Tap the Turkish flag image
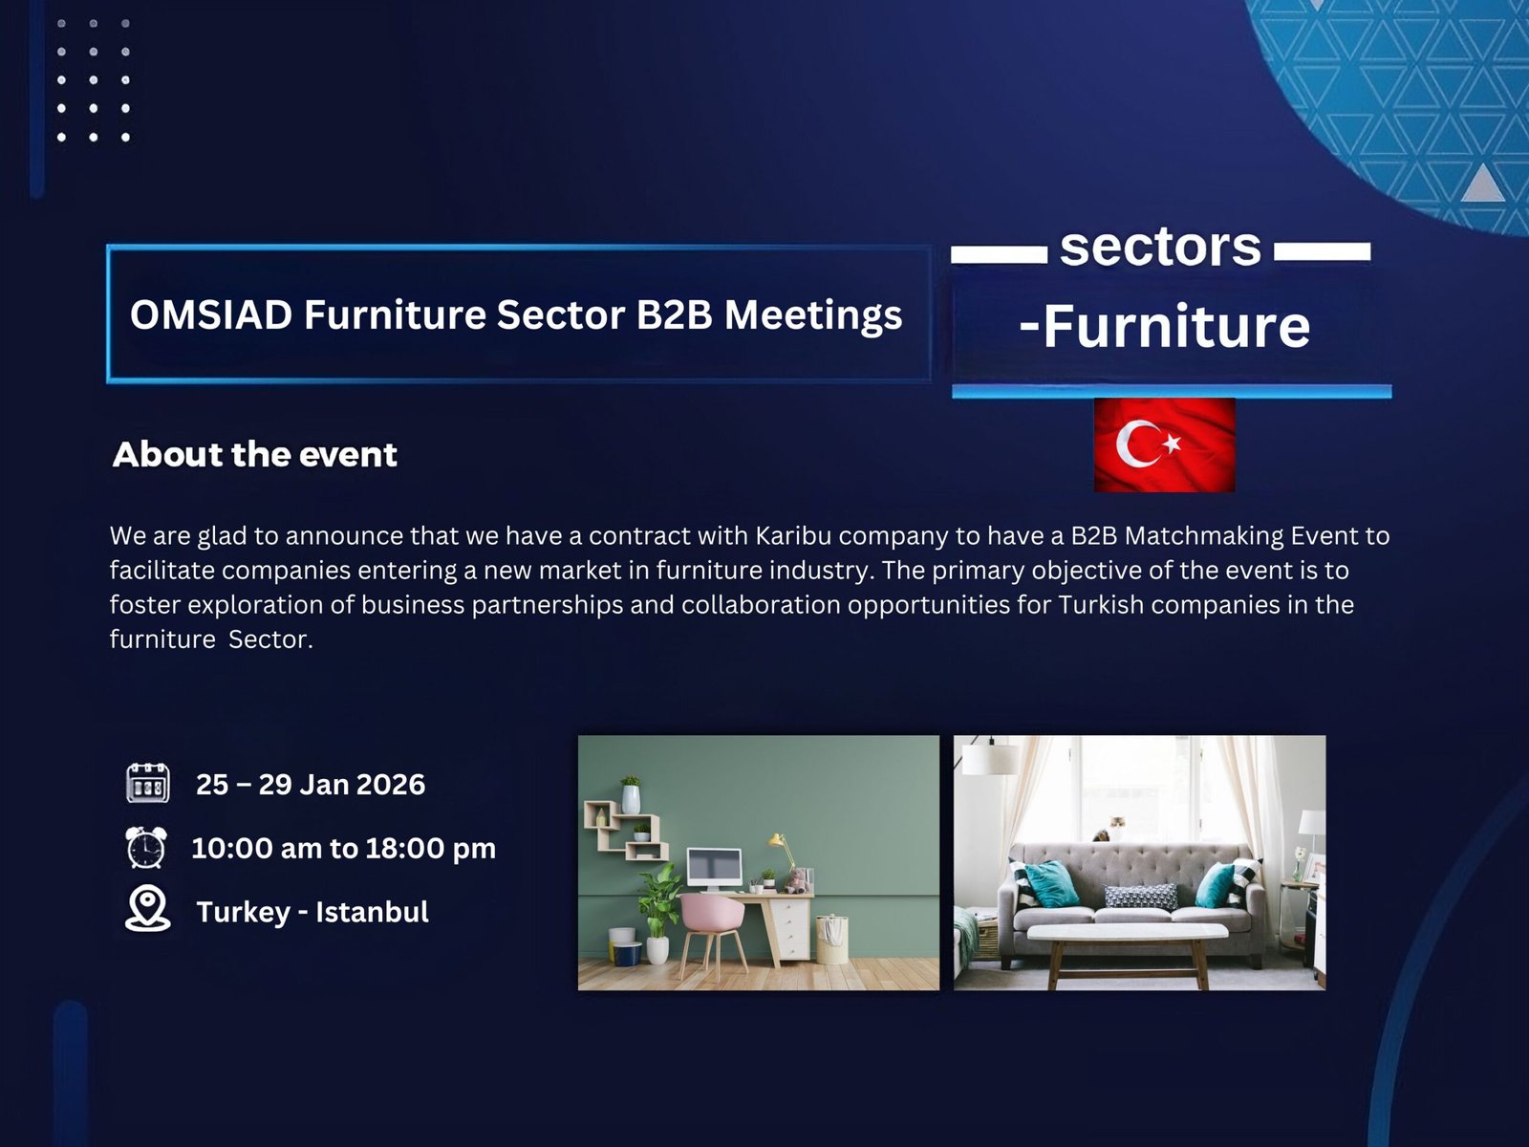coord(1165,445)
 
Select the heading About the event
coord(255,455)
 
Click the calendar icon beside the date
coord(148,784)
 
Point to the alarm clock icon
coord(146,847)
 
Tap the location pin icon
coord(148,909)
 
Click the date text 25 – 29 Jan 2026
coord(310,784)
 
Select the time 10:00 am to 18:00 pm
coord(343,848)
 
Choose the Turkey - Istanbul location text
coord(312,912)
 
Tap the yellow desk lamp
coord(783,851)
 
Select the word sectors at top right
coord(1160,247)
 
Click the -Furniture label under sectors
coord(1164,326)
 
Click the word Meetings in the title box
coord(813,314)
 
